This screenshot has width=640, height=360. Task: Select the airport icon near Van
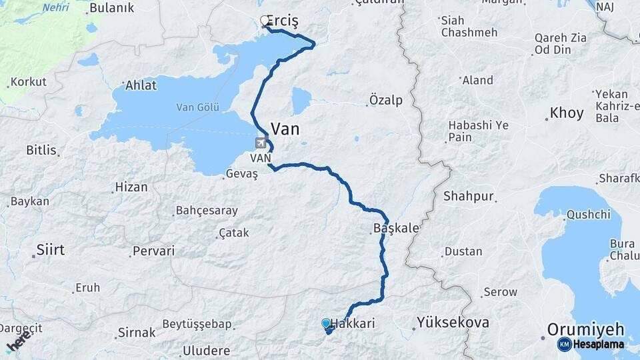click(261, 143)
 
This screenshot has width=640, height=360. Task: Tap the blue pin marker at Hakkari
click(326, 324)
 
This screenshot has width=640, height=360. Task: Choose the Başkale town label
click(397, 229)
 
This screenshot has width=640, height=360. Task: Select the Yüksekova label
click(453, 323)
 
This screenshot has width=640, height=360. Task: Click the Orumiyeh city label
click(586, 329)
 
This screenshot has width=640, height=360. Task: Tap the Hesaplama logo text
click(597, 344)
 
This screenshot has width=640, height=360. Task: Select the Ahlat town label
click(141, 85)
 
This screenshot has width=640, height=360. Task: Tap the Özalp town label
click(386, 101)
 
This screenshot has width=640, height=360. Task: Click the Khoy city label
click(567, 113)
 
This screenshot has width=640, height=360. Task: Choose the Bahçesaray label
click(207, 211)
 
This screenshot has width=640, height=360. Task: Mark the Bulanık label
click(111, 8)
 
